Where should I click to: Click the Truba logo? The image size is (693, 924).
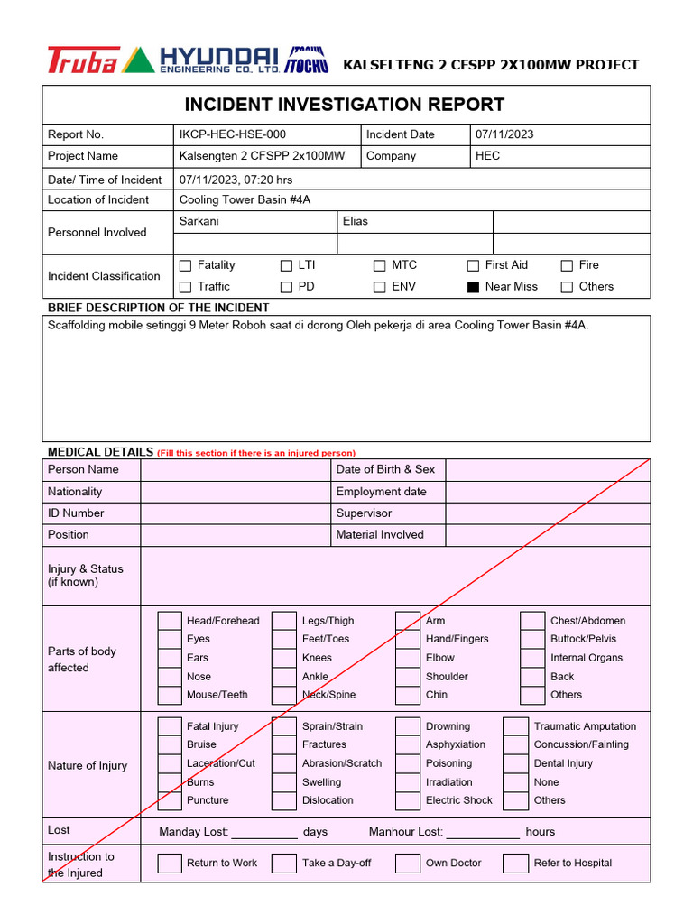tap(82, 60)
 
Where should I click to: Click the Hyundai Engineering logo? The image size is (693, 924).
tap(219, 60)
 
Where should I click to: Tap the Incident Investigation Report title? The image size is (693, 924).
tap(345, 105)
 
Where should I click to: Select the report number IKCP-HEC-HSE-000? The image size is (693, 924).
tap(232, 134)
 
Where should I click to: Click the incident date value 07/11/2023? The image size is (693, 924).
tap(504, 134)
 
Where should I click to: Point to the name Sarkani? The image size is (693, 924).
tap(199, 221)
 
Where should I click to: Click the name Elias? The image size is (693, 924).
tap(356, 221)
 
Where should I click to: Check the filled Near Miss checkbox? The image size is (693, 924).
tap(473, 288)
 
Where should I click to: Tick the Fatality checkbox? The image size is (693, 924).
tap(186, 266)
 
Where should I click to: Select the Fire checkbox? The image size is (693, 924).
tap(567, 266)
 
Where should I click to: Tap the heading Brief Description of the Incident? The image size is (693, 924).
tap(158, 308)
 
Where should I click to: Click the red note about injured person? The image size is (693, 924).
tap(256, 453)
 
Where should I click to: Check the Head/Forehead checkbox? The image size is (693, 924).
tap(170, 621)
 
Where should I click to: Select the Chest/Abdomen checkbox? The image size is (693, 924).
tap(533, 621)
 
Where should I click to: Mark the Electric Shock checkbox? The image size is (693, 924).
tap(408, 800)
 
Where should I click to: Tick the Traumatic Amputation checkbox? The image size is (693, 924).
tap(515, 726)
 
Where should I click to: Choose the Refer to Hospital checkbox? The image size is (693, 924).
tap(515, 864)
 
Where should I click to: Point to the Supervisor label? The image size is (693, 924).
tap(364, 513)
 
